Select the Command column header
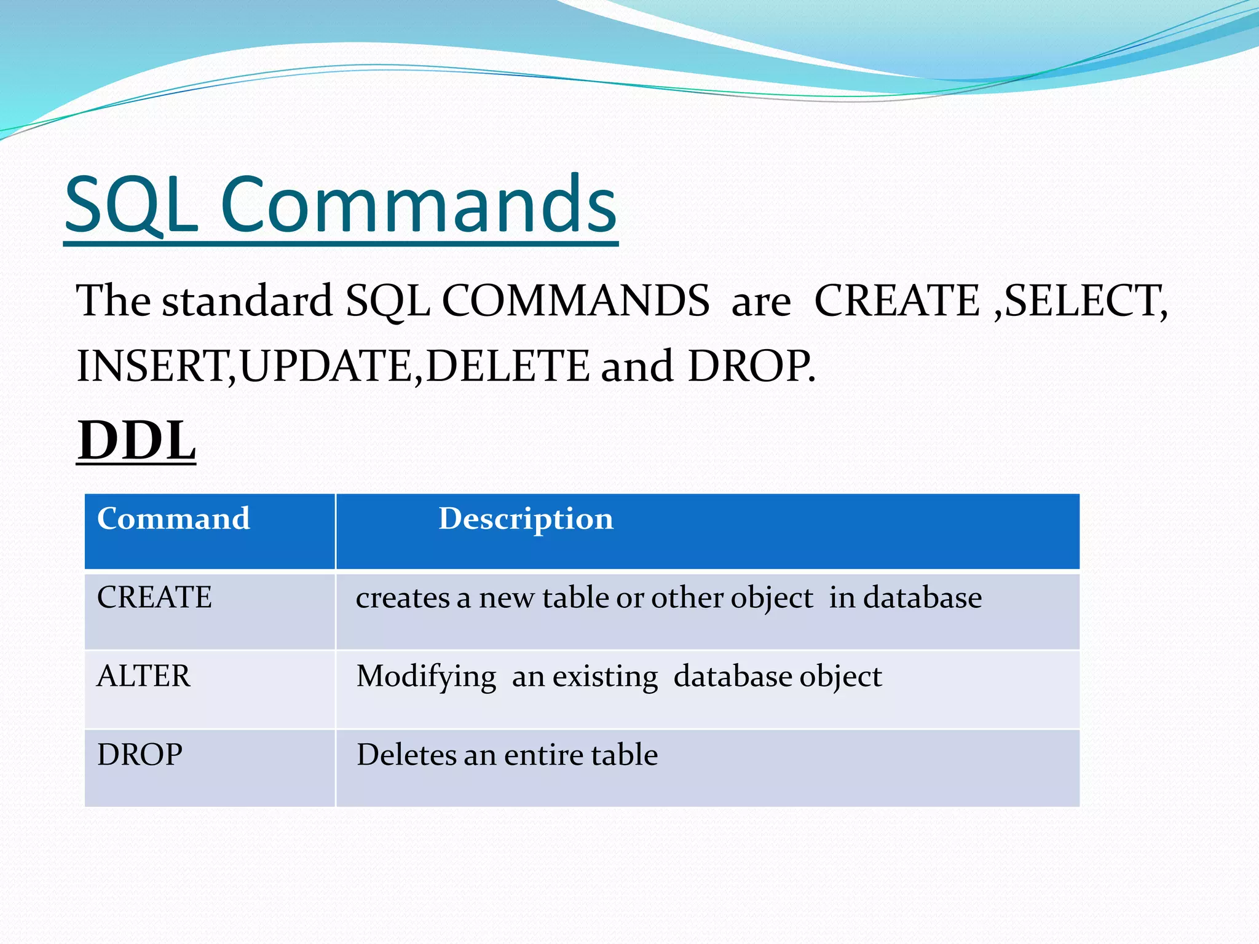tap(173, 519)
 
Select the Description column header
tap(526, 519)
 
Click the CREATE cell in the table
tap(154, 597)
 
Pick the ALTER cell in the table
tap(144, 676)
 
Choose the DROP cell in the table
tap(140, 755)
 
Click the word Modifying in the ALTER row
tap(426, 677)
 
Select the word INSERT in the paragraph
tap(151, 366)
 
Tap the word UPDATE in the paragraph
tap(326, 366)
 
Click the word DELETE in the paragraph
tap(508, 366)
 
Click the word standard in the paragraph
tap(247, 301)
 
